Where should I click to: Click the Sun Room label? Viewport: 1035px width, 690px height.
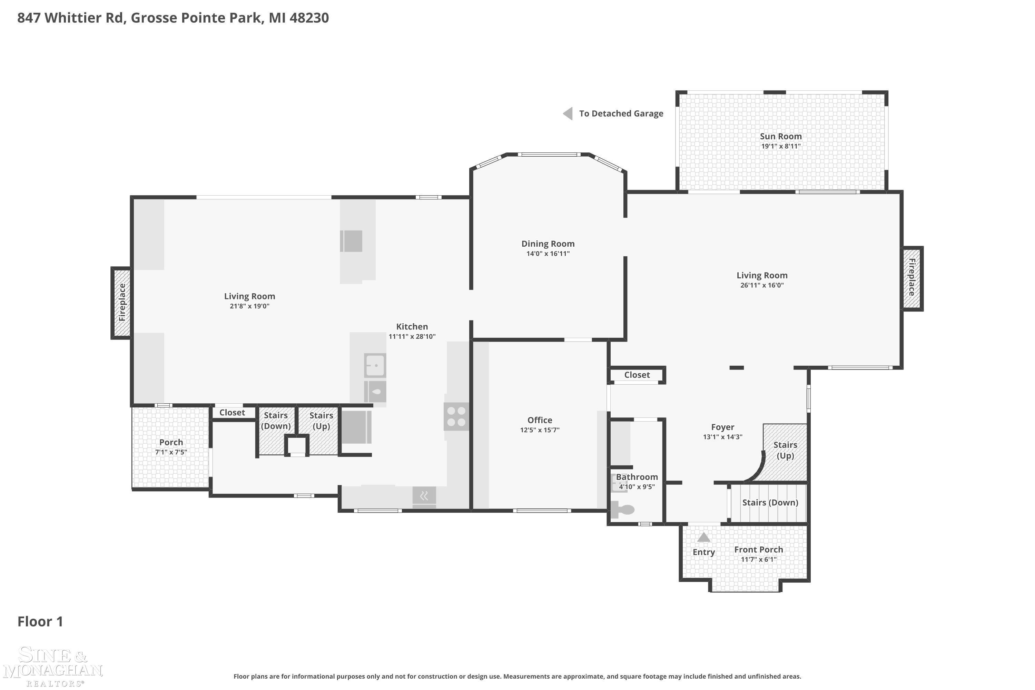pyautogui.click(x=781, y=136)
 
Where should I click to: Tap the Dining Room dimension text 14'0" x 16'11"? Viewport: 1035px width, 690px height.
pyautogui.click(x=548, y=254)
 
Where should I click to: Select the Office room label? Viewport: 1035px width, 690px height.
pyautogui.click(x=540, y=420)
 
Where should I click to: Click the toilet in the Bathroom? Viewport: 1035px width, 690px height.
pyautogui.click(x=623, y=510)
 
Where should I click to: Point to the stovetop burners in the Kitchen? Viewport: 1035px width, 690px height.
pyautogui.click(x=456, y=417)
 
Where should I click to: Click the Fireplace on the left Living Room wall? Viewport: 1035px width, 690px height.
pyautogui.click(x=121, y=303)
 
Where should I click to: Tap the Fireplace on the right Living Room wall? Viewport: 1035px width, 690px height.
pyautogui.click(x=912, y=278)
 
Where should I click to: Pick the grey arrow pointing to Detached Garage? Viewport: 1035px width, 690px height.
pyautogui.click(x=568, y=114)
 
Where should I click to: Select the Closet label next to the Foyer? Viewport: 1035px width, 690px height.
pyautogui.click(x=637, y=375)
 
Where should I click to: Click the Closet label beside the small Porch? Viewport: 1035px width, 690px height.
pyautogui.click(x=232, y=413)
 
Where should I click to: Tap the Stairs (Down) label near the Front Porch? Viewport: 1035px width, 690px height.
pyautogui.click(x=770, y=503)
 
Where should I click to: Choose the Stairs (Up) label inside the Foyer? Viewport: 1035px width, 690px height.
pyautogui.click(x=786, y=450)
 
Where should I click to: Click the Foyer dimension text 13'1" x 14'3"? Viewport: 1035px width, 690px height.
pyautogui.click(x=722, y=437)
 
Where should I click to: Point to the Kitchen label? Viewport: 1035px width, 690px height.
pyautogui.click(x=412, y=326)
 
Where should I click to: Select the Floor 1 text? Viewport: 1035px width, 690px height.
pyautogui.click(x=40, y=621)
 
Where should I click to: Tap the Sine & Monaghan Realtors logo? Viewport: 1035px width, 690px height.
pyautogui.click(x=53, y=666)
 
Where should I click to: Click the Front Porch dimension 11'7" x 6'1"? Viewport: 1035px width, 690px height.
pyautogui.click(x=759, y=559)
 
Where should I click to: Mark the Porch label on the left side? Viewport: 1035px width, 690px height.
pyautogui.click(x=171, y=442)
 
